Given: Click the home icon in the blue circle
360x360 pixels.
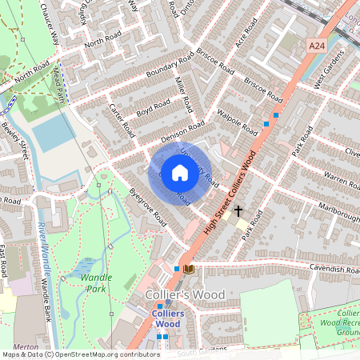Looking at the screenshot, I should pos(180,172).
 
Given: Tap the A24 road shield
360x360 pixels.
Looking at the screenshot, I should pos(318,48).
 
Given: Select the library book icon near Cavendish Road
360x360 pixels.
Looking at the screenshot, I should pos(189,269).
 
